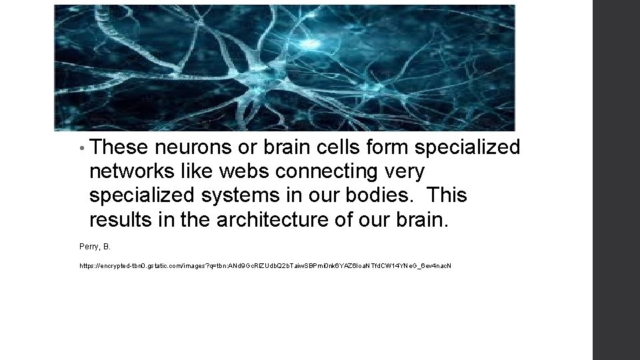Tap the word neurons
coord(190,147)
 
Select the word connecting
coord(327,172)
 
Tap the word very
coord(405,172)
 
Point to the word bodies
coord(379,195)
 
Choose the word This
coord(446,195)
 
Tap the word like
coord(197,171)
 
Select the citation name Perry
coord(88,247)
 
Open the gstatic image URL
coord(265,266)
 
